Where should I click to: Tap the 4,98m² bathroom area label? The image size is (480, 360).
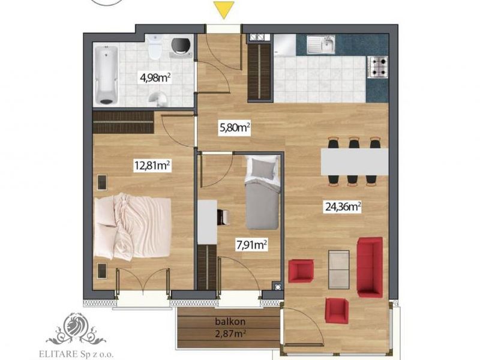[155, 78]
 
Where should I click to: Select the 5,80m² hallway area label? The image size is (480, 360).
[235, 127]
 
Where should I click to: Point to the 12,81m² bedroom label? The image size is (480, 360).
[152, 166]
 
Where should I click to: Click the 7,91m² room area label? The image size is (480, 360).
[252, 245]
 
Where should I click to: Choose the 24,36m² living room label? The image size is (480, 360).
[343, 207]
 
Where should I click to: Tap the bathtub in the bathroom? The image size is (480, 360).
[106, 75]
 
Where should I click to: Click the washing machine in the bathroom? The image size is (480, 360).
[182, 48]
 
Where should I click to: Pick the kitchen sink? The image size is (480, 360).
[321, 44]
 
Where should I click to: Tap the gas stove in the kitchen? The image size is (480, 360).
[379, 67]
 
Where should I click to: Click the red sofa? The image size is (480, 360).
[370, 267]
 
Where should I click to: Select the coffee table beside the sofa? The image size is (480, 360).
[339, 269]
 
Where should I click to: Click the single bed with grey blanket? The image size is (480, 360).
[262, 192]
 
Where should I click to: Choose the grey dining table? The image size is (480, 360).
[355, 161]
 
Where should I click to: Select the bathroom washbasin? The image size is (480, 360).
[158, 98]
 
